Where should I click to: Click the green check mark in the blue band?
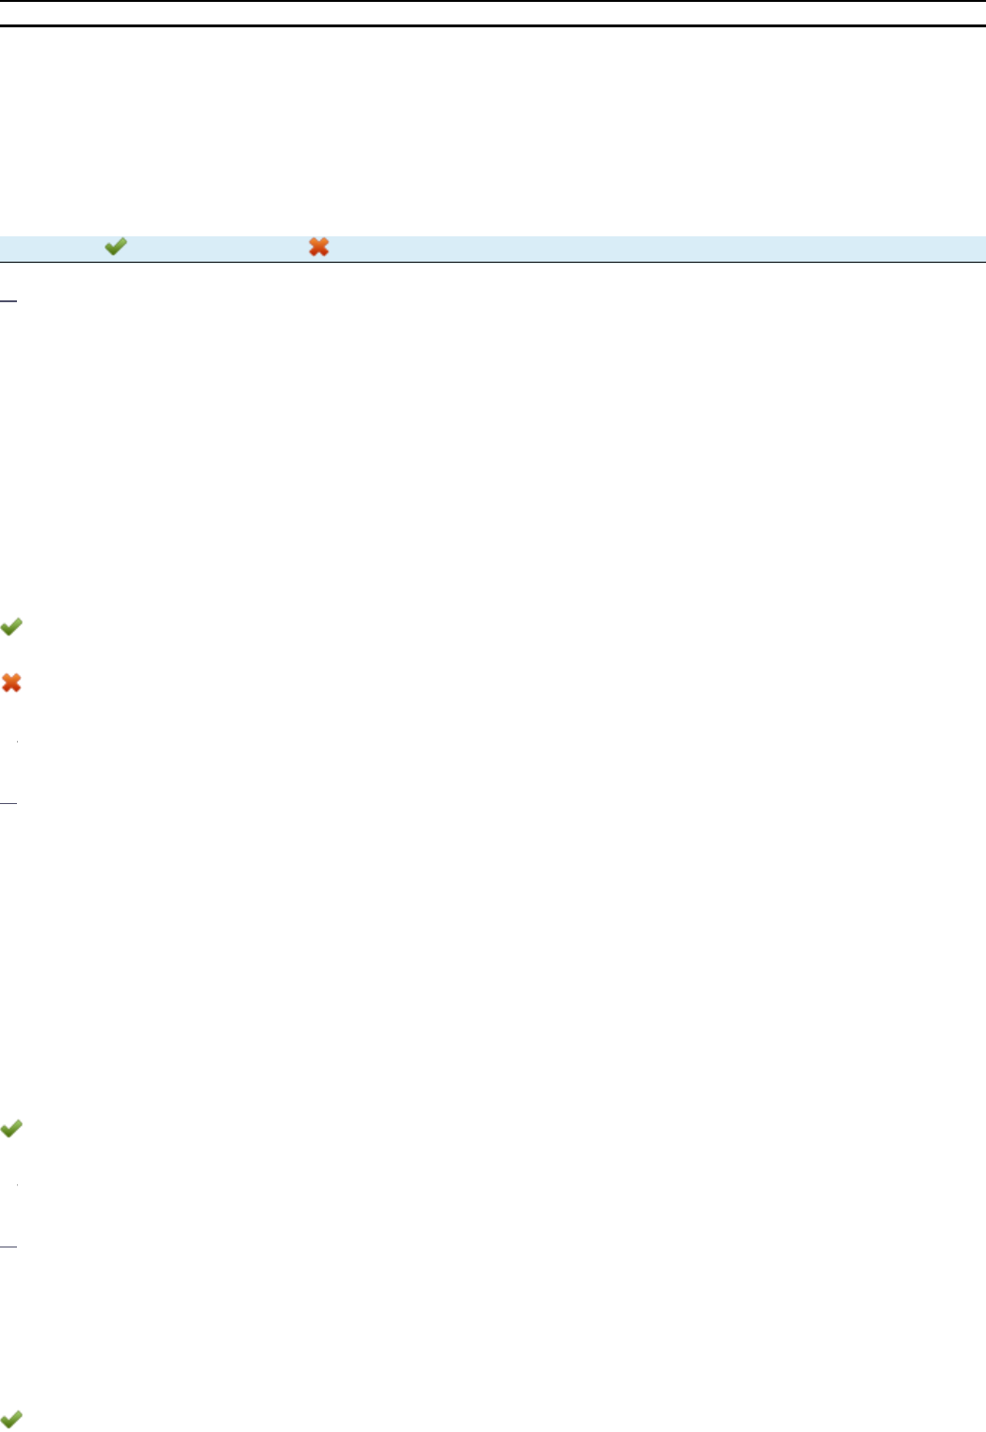click(x=115, y=248)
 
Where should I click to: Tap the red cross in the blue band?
click(x=319, y=248)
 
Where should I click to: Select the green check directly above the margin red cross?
click(x=11, y=627)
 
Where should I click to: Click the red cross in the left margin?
click(x=11, y=683)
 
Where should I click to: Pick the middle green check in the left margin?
click(x=11, y=1128)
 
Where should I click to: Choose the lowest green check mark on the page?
click(x=11, y=1418)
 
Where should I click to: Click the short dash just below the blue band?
click(x=8, y=301)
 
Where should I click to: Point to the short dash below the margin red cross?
click(x=8, y=803)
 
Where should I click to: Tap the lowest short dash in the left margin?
click(x=8, y=1247)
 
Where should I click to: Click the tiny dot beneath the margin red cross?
click(x=17, y=744)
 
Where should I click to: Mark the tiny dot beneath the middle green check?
click(x=17, y=1184)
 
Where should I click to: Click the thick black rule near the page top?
click(x=493, y=25)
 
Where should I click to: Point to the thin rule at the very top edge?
click(x=493, y=1)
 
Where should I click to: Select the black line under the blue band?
click(x=493, y=262)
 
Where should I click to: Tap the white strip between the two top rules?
click(x=493, y=13)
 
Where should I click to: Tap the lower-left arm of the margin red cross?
click(x=6, y=689)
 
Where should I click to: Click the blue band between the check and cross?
click(x=217, y=248)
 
